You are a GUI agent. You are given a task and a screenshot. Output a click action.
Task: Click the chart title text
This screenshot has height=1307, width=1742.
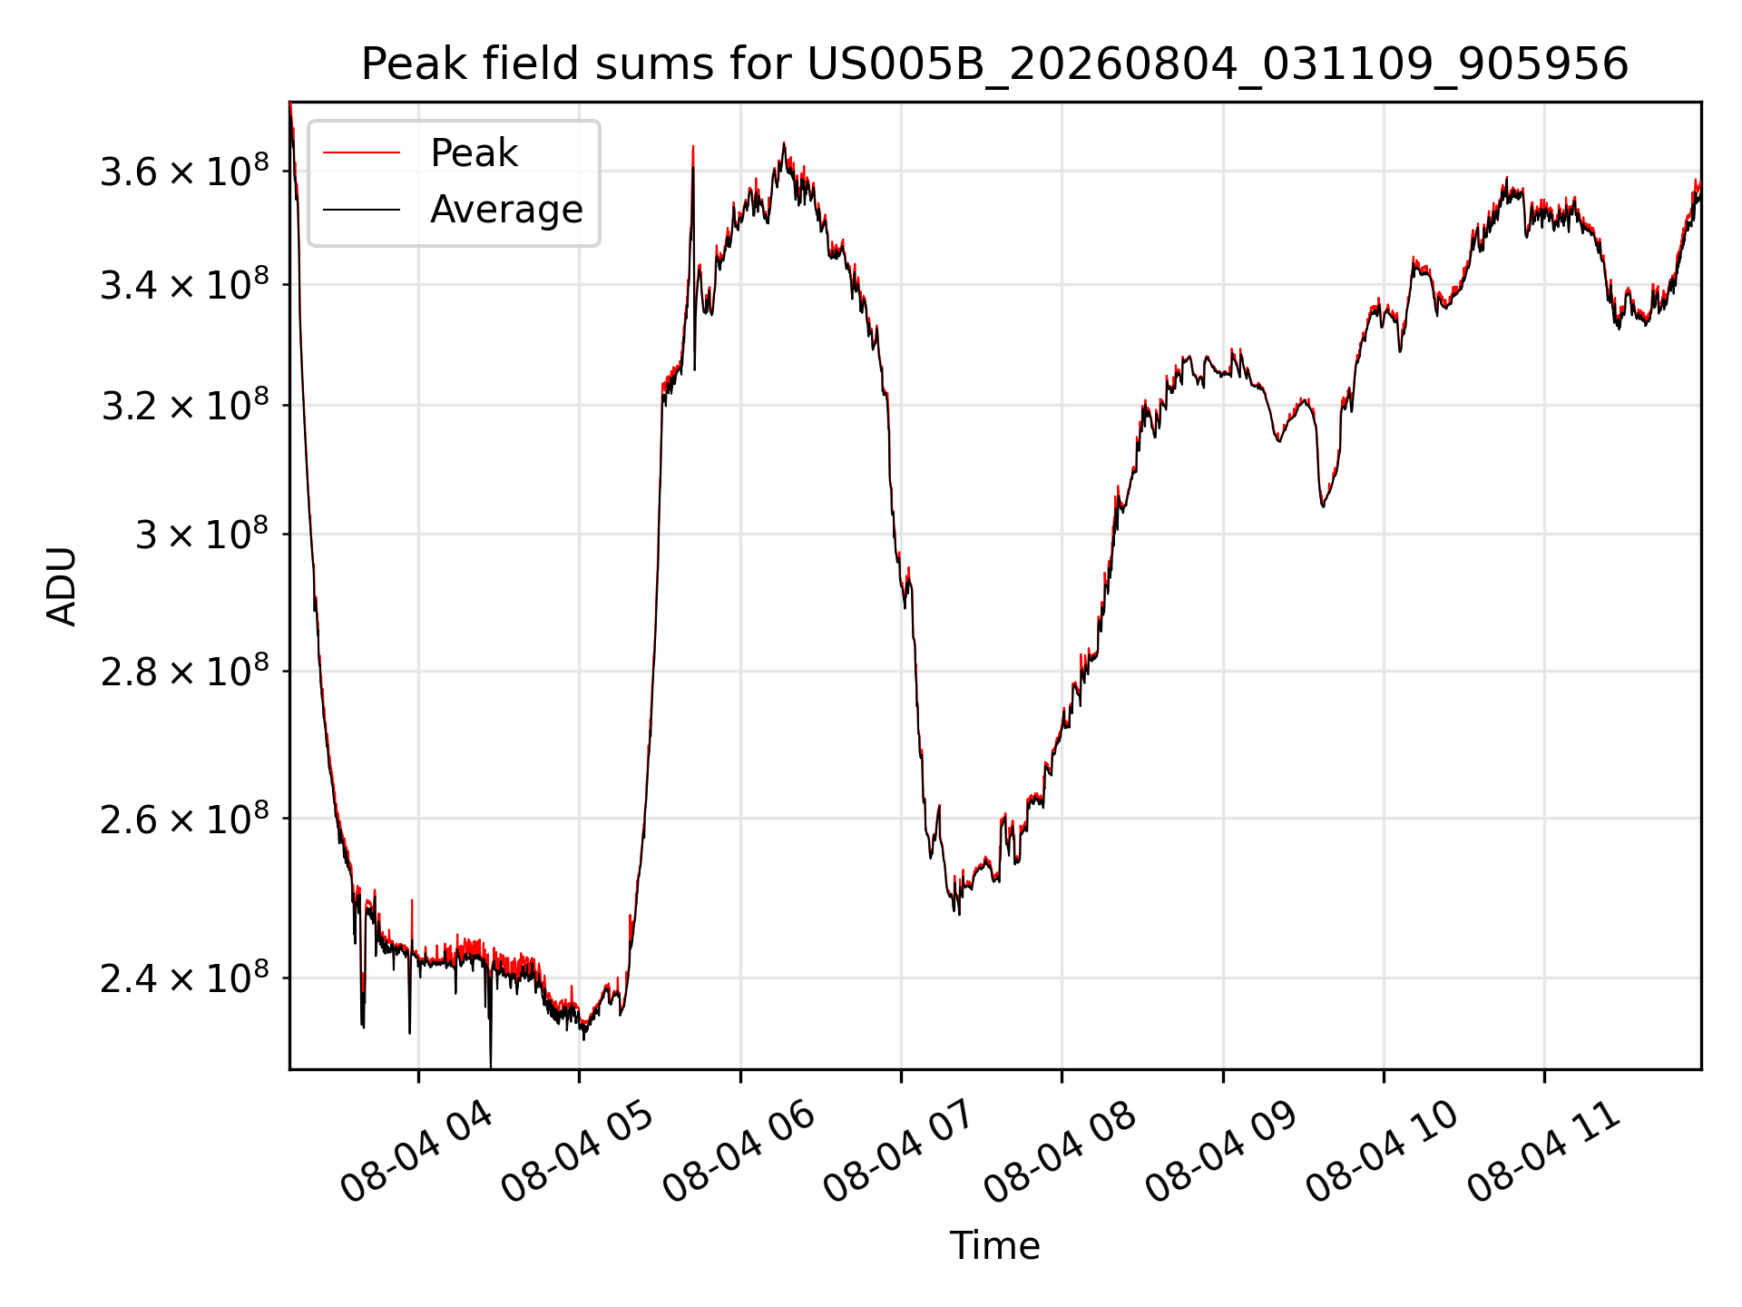point(994,64)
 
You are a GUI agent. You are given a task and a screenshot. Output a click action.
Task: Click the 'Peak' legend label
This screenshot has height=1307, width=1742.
point(474,153)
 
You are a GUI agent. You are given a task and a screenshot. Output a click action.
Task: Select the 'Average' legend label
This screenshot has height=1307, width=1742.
point(506,210)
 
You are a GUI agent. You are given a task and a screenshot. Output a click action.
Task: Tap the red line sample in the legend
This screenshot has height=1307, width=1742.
point(361,153)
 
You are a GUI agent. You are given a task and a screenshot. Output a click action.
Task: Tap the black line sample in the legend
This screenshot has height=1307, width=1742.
point(361,210)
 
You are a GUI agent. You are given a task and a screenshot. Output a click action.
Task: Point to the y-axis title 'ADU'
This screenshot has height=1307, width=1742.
point(62,585)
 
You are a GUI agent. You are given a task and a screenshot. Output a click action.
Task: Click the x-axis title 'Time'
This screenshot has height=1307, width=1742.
point(994,1245)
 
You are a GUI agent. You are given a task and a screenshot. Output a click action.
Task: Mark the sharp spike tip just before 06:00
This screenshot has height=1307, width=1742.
point(693,146)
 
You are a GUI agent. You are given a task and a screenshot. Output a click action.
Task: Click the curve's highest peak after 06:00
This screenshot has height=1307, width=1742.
point(784,143)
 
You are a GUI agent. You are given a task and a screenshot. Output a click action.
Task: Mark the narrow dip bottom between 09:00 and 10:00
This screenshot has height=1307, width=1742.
point(1323,506)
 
